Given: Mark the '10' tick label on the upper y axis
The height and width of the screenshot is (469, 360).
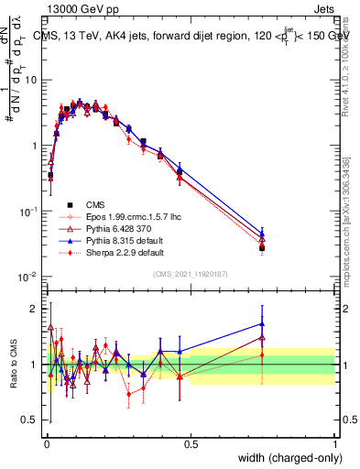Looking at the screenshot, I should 33,80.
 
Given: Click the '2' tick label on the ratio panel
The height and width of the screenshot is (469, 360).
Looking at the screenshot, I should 37,308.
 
